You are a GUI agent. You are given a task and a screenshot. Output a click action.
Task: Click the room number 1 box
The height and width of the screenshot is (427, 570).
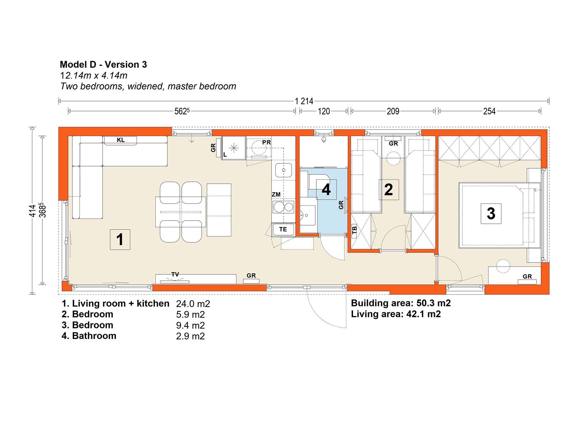(x=120, y=239)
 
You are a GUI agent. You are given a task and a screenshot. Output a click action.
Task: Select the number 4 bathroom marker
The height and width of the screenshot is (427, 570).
(x=326, y=189)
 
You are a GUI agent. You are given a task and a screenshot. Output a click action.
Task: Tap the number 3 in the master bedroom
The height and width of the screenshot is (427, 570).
(x=491, y=213)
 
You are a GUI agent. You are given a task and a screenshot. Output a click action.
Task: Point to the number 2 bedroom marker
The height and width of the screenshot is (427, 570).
(x=388, y=190)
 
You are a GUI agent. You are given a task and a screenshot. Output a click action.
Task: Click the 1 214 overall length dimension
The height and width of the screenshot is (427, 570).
(x=304, y=101)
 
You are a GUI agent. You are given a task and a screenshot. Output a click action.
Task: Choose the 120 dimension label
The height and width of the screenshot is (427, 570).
(x=324, y=111)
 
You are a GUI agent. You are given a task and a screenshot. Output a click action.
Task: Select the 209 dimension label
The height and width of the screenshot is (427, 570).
(x=393, y=111)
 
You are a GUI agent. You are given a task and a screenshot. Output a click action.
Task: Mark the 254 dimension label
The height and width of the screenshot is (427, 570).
(x=489, y=111)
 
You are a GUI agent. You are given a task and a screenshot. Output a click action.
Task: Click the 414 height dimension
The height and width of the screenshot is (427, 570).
(x=32, y=211)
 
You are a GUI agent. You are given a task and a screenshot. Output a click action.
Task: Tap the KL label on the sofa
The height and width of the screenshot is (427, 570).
(x=121, y=140)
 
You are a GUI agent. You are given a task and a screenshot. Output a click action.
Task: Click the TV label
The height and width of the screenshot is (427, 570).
(x=175, y=274)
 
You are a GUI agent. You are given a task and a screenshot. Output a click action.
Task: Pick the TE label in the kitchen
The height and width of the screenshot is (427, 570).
(x=283, y=229)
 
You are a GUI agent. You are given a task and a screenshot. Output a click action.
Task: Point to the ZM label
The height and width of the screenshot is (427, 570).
(x=276, y=194)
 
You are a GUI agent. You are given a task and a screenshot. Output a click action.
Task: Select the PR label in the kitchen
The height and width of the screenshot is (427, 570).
(x=266, y=142)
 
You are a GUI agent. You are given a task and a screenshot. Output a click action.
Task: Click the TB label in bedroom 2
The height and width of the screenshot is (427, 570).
(x=354, y=230)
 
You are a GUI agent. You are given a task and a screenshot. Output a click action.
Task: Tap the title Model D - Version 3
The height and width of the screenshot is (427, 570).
(x=103, y=64)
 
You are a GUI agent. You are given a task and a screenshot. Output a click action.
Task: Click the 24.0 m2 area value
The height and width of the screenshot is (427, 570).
(x=193, y=304)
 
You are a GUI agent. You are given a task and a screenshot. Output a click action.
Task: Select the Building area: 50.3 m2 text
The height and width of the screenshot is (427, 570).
(x=401, y=303)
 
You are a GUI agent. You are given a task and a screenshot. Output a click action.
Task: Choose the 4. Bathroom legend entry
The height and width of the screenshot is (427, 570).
(x=89, y=336)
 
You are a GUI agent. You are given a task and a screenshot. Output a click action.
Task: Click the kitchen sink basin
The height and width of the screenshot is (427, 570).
(x=283, y=170)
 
